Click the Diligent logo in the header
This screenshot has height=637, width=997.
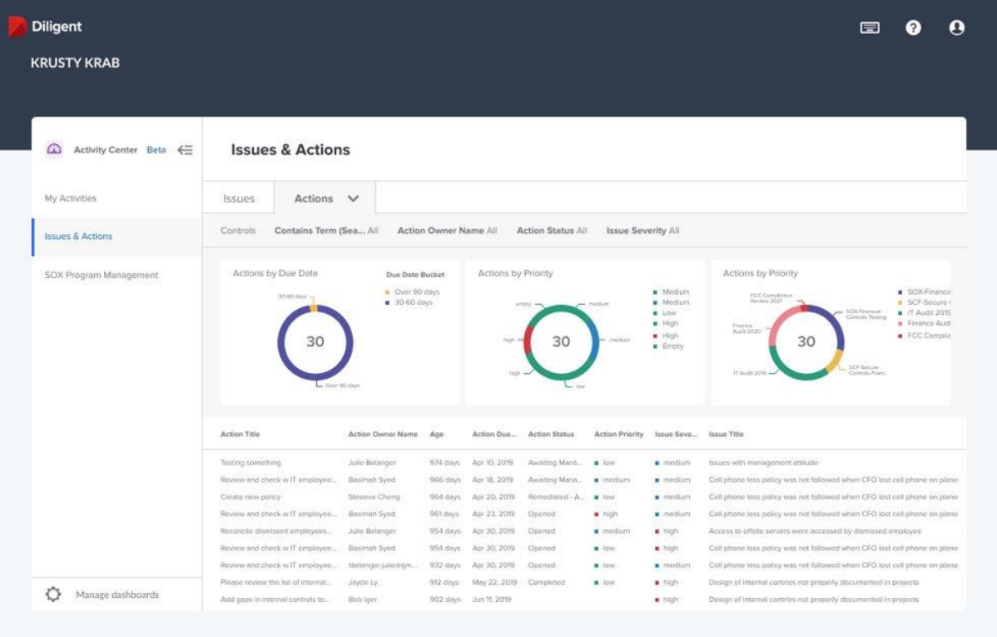coord(46,27)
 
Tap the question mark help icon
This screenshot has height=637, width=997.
coord(913,28)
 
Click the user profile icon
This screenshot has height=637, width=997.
coord(956,28)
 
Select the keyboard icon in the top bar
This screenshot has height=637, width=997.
coord(870,28)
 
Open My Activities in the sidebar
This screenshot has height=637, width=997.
coord(71,198)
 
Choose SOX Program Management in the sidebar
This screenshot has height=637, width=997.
coord(101,275)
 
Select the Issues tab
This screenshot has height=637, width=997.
coord(239,199)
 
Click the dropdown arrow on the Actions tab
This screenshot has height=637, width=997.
coord(353,199)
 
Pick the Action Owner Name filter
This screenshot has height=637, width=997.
coord(447,231)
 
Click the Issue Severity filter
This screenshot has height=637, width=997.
coord(642,231)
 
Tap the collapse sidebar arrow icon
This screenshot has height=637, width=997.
coord(185,150)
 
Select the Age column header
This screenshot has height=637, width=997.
coord(437,434)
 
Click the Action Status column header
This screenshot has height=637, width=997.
coord(551,434)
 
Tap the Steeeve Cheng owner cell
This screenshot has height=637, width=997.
coord(374,497)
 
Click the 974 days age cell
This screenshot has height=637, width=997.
coord(445,463)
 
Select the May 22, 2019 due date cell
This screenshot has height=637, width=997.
coord(494,582)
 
